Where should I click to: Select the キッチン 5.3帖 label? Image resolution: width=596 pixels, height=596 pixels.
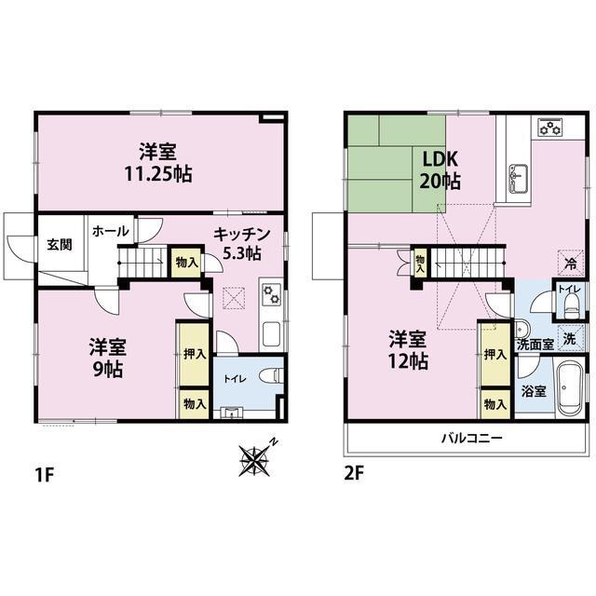pyautogui.click(x=241, y=243)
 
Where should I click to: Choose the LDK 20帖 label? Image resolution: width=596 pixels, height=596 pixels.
pyautogui.click(x=441, y=169)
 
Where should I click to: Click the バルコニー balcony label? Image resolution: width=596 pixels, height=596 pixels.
pyautogui.click(x=472, y=437)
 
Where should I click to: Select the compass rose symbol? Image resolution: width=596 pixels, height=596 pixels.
pyautogui.click(x=256, y=457)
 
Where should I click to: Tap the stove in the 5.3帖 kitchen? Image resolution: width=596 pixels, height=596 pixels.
pyautogui.click(x=272, y=294)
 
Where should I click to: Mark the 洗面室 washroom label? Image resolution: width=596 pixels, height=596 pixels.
pyautogui.click(x=535, y=345)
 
